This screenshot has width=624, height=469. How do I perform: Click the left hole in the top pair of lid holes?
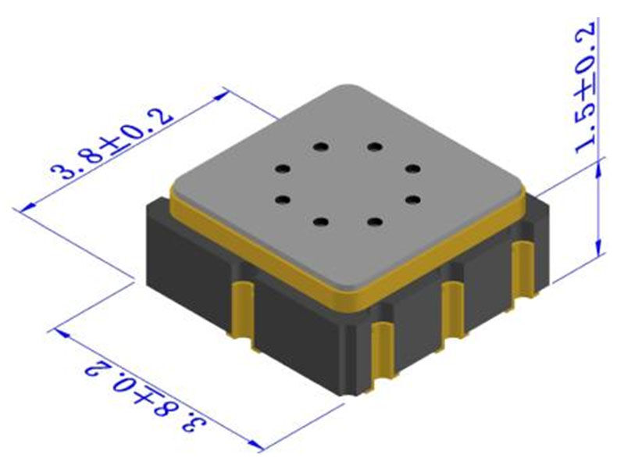(320, 146)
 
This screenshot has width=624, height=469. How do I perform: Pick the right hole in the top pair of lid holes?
(376, 146)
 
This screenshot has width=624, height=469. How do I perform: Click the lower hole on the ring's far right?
(413, 199)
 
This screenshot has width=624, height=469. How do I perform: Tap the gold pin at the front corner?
(380, 356)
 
